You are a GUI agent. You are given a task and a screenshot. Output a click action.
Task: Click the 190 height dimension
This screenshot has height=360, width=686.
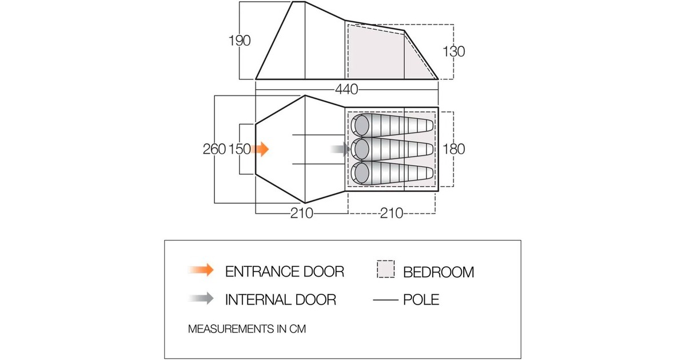240,41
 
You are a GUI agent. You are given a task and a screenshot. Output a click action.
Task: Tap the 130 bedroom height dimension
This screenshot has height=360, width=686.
453,51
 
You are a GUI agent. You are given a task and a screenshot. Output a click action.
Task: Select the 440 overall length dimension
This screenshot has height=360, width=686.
346,89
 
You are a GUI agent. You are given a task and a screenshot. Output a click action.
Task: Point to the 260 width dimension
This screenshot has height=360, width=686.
214,149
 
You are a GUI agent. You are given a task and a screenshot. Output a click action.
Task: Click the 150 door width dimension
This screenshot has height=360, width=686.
240,149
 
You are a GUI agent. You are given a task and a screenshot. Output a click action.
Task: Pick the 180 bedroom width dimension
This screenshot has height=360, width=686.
453,149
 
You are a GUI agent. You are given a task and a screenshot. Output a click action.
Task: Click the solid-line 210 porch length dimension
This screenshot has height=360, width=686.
302,213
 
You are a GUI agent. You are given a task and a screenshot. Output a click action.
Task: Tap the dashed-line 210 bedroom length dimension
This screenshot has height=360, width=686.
392,213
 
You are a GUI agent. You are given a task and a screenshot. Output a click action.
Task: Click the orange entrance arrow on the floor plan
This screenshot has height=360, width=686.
260,149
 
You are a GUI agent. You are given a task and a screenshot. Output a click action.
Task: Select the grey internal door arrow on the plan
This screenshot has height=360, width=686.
340,149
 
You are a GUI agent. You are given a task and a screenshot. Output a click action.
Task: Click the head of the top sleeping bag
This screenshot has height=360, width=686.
362,125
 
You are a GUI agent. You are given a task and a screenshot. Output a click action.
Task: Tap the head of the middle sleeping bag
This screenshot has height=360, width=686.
362,149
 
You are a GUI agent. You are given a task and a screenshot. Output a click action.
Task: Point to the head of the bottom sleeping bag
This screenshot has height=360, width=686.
362,173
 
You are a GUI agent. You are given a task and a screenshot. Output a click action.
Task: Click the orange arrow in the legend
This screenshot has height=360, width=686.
201,270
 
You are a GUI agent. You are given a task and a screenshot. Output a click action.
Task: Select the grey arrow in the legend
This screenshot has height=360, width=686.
201,298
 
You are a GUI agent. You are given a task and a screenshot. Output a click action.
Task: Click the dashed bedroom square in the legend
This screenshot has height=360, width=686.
385,269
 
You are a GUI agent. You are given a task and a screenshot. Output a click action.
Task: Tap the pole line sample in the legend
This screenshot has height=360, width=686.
385,299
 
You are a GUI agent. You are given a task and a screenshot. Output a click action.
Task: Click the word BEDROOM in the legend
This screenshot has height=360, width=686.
438,272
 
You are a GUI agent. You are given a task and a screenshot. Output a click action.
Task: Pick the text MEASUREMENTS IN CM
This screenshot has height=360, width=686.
247,329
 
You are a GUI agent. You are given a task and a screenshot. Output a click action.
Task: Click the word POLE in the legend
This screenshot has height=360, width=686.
421,299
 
